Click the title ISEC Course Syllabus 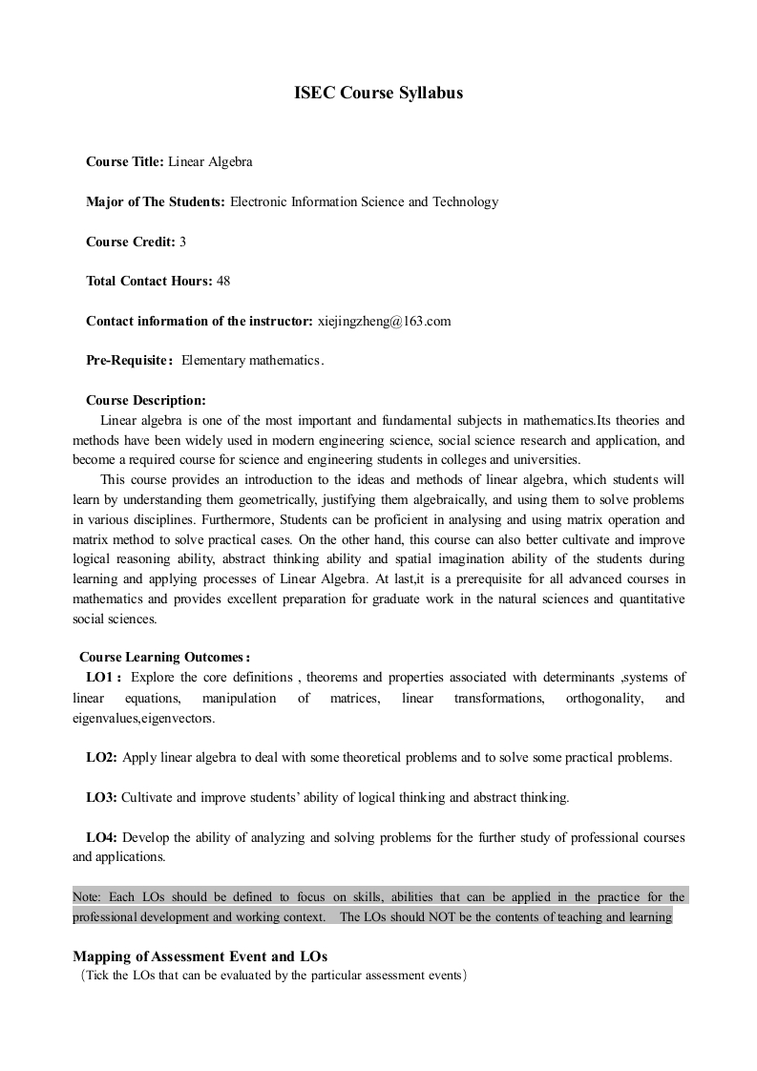point(378,94)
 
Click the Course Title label point(125,162)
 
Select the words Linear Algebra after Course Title point(211,162)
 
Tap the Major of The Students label point(156,202)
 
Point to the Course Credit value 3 point(182,242)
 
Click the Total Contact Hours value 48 point(223,282)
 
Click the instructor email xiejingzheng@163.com point(384,322)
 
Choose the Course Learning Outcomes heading point(164,657)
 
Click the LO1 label point(103,678)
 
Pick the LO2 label point(101,758)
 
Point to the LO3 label point(101,797)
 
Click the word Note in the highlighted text point(86,897)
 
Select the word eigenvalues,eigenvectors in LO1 point(144,718)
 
